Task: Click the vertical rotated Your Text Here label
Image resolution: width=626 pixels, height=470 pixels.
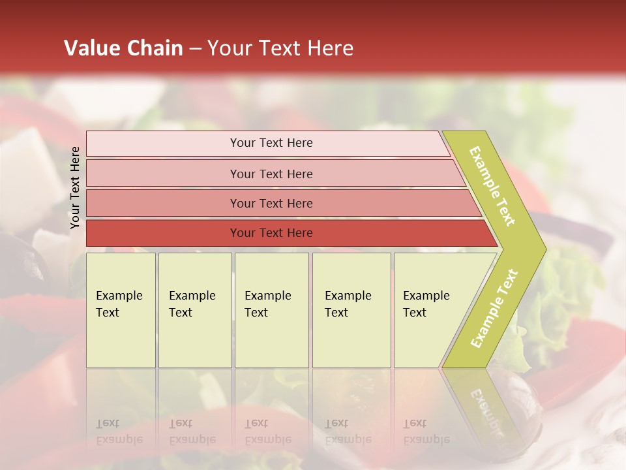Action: [75, 188]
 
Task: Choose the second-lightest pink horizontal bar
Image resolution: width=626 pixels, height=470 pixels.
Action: [271, 174]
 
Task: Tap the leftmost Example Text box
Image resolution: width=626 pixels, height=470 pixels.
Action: [121, 310]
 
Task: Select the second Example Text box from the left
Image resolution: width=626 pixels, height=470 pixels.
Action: [195, 310]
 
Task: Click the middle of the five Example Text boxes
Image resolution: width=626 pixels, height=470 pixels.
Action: [271, 310]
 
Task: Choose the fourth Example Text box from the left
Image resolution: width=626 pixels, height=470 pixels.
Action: [351, 310]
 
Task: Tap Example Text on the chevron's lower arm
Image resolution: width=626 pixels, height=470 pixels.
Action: [494, 308]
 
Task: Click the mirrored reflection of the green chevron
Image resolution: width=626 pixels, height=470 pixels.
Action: [486, 405]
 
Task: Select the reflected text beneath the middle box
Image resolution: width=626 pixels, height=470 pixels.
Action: [267, 431]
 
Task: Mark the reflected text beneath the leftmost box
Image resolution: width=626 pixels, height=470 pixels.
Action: [119, 431]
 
